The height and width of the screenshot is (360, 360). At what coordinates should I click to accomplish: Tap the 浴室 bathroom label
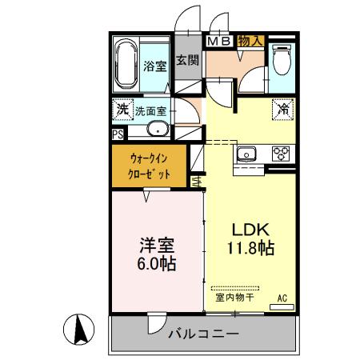(155, 68)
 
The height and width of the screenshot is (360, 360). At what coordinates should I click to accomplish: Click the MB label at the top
(219, 40)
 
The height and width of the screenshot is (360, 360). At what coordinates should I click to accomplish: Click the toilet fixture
(281, 59)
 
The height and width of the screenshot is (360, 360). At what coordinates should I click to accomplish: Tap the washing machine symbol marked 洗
(122, 109)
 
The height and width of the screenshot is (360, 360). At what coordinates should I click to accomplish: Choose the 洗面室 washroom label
(150, 111)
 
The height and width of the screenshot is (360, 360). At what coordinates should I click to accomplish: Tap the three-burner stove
(281, 153)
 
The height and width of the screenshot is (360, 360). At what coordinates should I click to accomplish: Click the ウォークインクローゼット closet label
(149, 166)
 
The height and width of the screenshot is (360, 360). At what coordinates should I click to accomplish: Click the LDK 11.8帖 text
(247, 238)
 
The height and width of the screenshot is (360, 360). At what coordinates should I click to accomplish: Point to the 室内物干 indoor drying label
(234, 298)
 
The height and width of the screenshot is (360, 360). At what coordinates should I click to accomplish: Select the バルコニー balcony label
(202, 334)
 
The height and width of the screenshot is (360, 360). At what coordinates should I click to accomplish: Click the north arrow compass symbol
(78, 329)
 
